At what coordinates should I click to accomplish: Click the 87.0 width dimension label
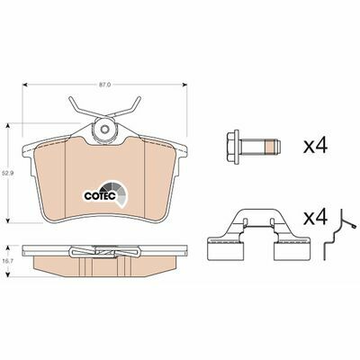(x=104, y=85)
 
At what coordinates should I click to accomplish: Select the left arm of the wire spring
(x=76, y=109)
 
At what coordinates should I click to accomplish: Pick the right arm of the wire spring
(x=134, y=109)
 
